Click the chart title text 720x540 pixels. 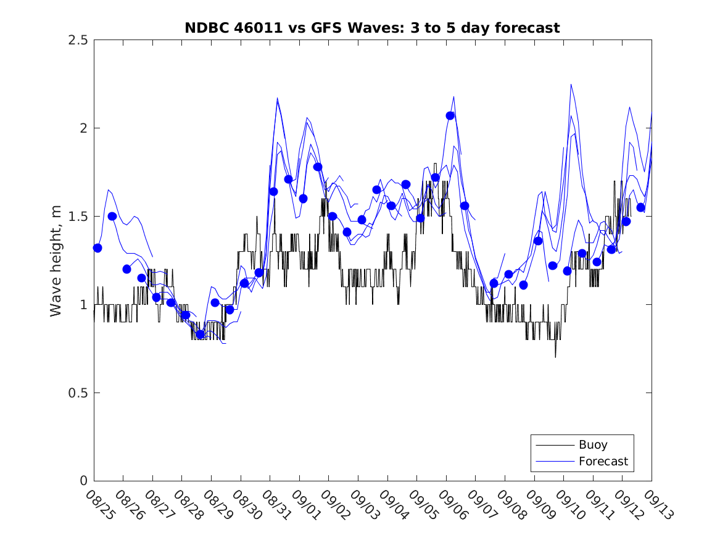click(x=372, y=28)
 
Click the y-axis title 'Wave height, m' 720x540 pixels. click(x=56, y=260)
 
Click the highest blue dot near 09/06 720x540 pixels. click(x=450, y=115)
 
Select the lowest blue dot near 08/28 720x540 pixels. click(x=200, y=334)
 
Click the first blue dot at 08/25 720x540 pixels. click(x=97, y=247)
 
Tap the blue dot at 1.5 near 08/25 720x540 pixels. click(x=112, y=216)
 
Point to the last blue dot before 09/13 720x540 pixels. click(x=640, y=207)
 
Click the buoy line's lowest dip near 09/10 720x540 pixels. click(x=555, y=357)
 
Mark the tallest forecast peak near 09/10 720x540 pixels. click(x=571, y=85)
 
